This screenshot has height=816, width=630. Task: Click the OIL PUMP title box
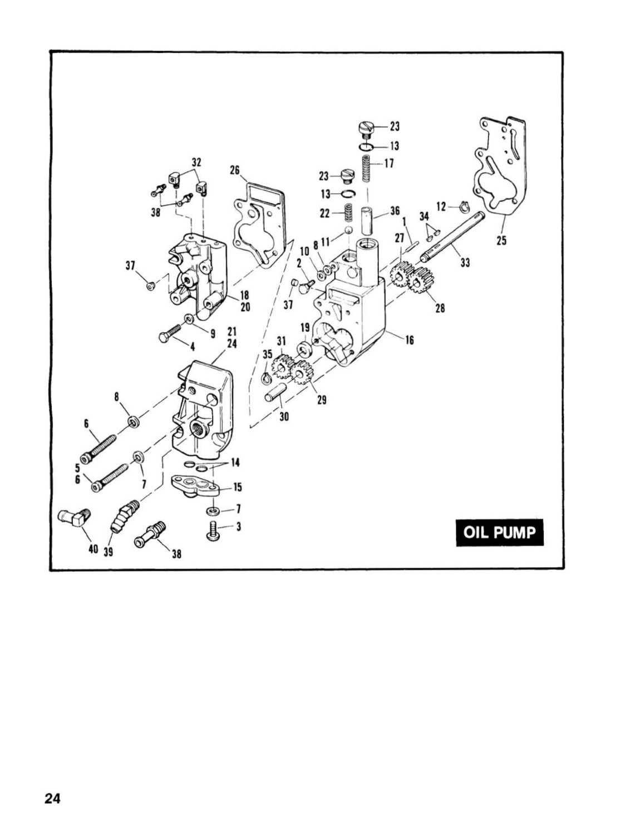click(500, 533)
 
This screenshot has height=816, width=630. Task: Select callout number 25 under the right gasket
click(501, 240)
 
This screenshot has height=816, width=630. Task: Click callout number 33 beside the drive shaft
click(465, 263)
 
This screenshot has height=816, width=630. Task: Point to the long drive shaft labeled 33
click(453, 236)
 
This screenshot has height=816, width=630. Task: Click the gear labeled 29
click(301, 372)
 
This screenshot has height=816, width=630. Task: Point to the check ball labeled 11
click(349, 230)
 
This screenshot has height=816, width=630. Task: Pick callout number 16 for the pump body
click(409, 340)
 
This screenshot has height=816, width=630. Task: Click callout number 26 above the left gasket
click(235, 170)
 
